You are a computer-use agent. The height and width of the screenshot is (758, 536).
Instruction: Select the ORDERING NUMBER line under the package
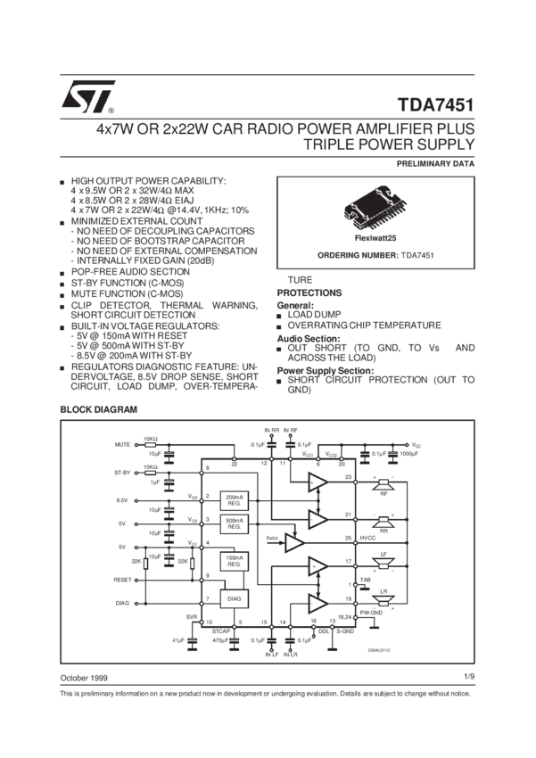(374, 255)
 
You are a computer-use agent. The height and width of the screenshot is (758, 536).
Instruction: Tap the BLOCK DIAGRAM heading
(97, 408)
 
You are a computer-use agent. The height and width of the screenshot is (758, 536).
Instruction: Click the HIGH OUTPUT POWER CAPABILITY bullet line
(148, 180)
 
